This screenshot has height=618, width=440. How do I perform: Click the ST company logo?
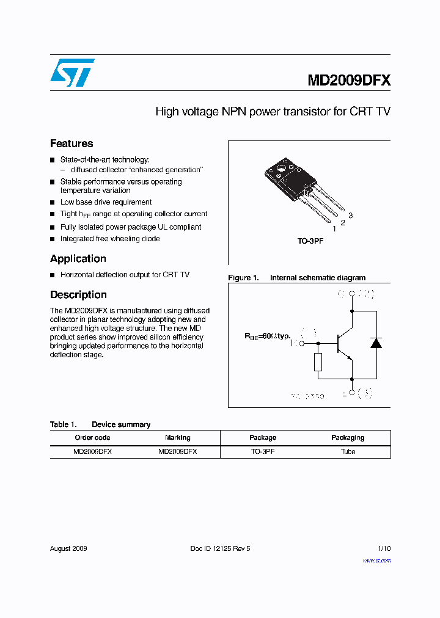72,73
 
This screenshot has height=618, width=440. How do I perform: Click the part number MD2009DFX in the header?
348,81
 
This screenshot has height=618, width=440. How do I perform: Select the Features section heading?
71,144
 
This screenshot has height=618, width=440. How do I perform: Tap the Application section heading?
78,259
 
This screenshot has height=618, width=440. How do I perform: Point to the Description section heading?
78,295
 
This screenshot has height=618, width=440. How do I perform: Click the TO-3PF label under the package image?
310,241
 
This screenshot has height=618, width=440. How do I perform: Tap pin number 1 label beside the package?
334,229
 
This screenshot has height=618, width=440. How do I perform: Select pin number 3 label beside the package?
351,216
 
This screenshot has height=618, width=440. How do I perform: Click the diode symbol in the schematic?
376,343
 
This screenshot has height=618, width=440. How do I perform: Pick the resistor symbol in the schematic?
318,362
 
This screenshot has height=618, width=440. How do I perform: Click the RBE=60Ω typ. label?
268,336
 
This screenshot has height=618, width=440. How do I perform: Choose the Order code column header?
92,438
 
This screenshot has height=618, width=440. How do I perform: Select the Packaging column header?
348,438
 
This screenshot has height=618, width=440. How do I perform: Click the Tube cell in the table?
348,452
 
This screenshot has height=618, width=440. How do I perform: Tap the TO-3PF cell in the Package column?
263,452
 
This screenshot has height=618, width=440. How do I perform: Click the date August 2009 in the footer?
68,548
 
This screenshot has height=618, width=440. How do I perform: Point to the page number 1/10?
384,548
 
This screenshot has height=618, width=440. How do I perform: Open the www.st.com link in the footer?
376,561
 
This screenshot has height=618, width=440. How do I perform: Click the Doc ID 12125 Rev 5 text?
220,548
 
